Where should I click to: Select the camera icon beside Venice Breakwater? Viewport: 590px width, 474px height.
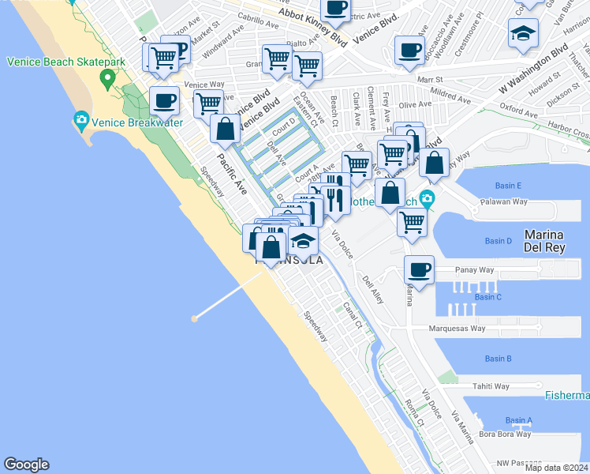coord(80,122)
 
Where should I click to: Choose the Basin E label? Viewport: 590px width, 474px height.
coord(508,186)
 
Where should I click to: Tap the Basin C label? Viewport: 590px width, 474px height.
coord(487,297)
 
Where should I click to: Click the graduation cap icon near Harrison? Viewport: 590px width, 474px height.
coord(521,34)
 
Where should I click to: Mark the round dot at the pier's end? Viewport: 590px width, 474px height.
coord(194,319)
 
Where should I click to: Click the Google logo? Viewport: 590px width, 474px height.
coord(26,465)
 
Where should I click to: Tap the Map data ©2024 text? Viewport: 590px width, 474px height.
coord(556,468)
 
